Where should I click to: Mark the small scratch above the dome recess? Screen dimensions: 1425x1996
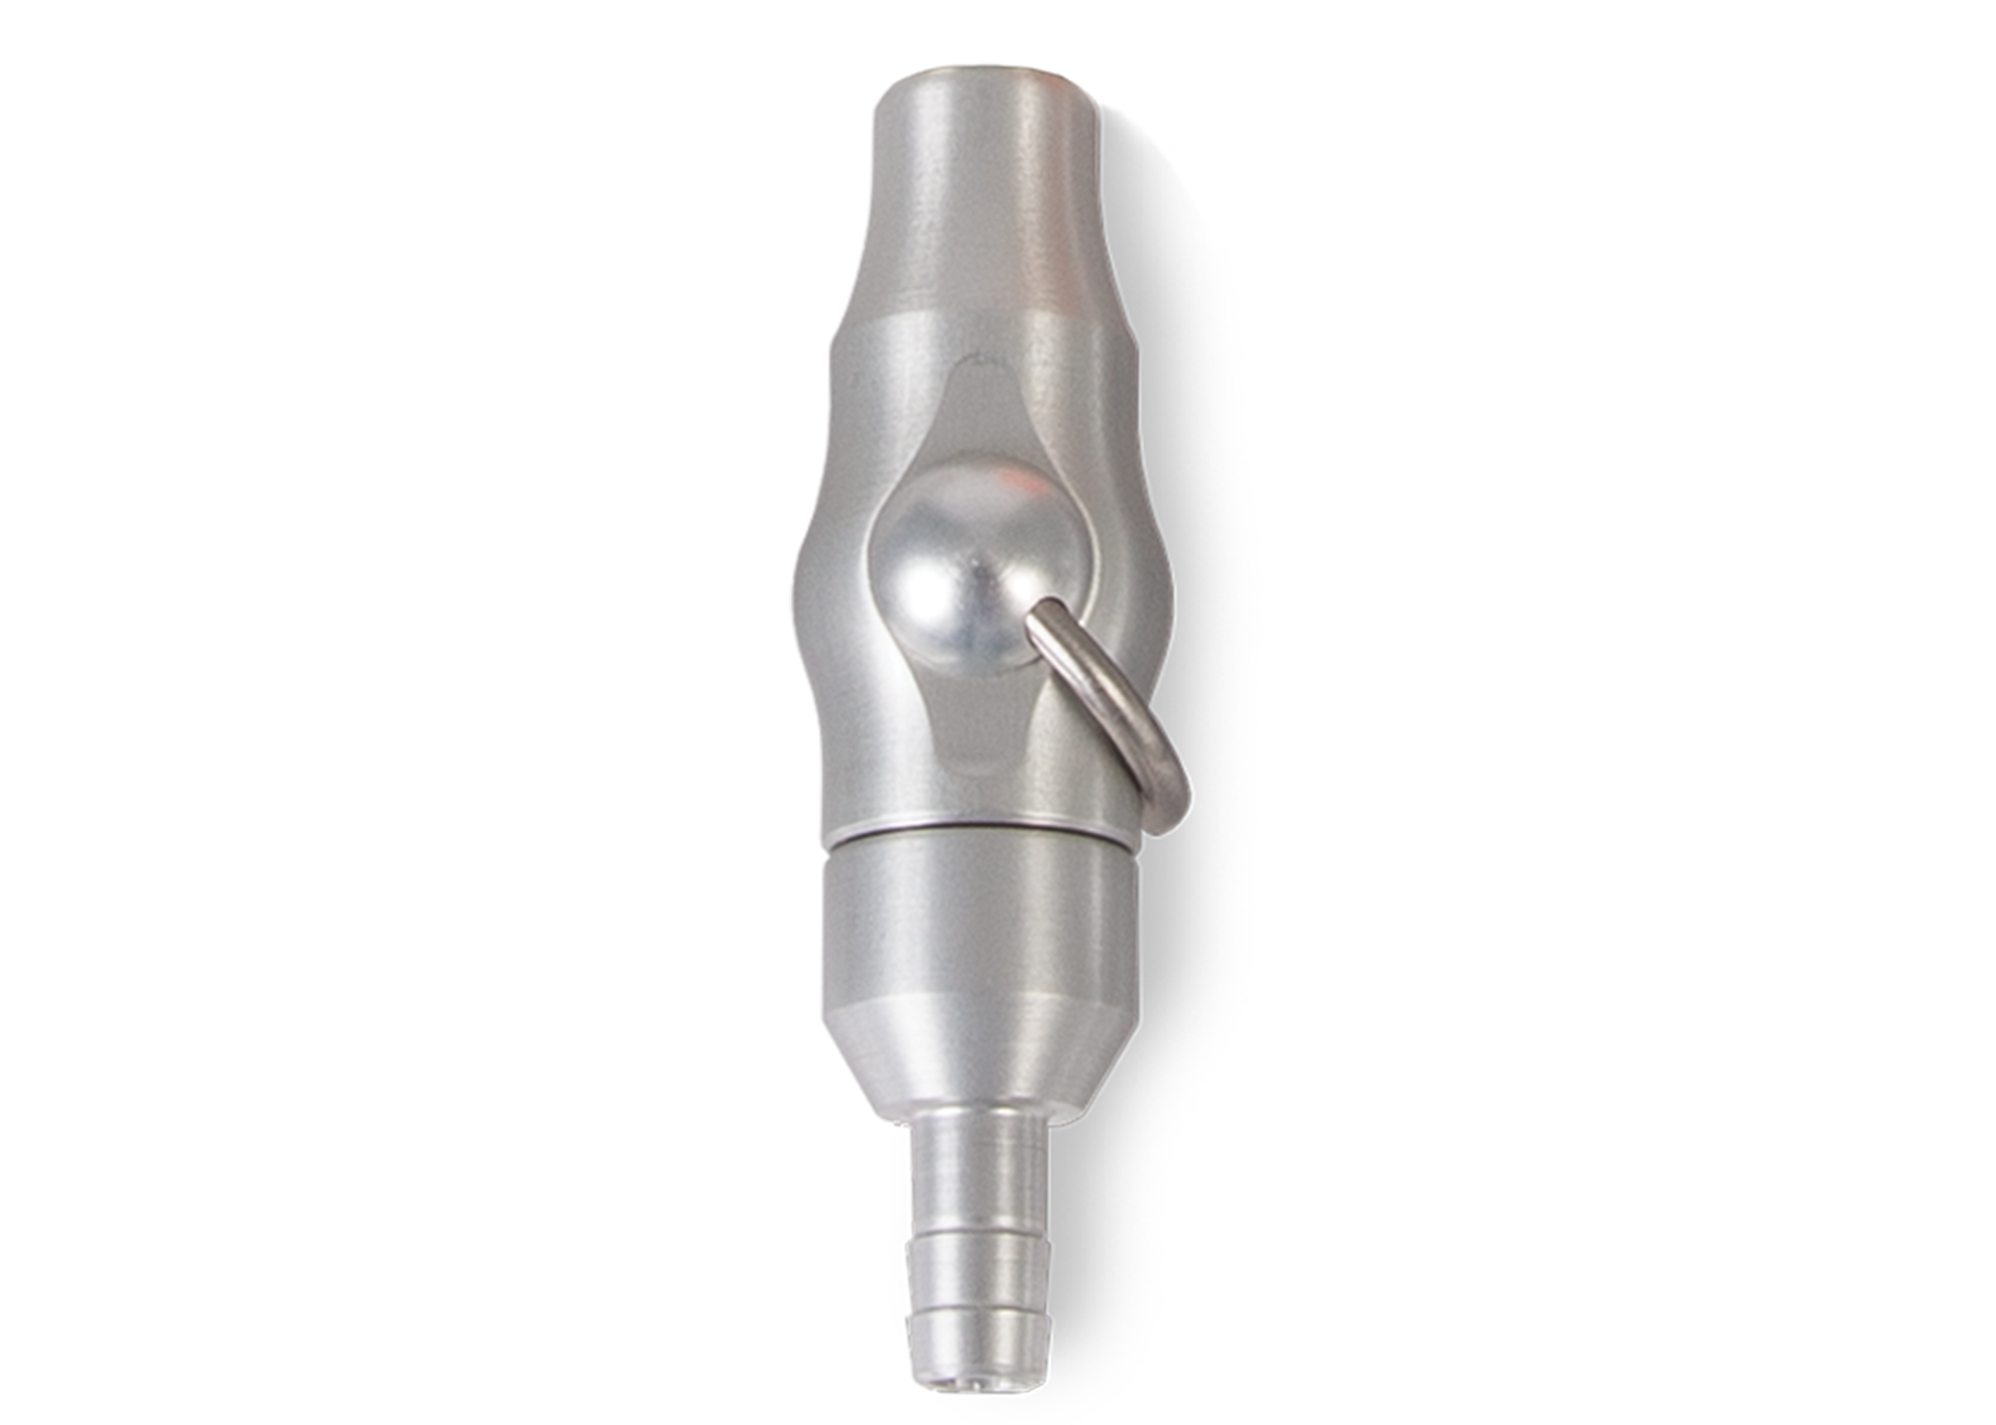click(x=974, y=359)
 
